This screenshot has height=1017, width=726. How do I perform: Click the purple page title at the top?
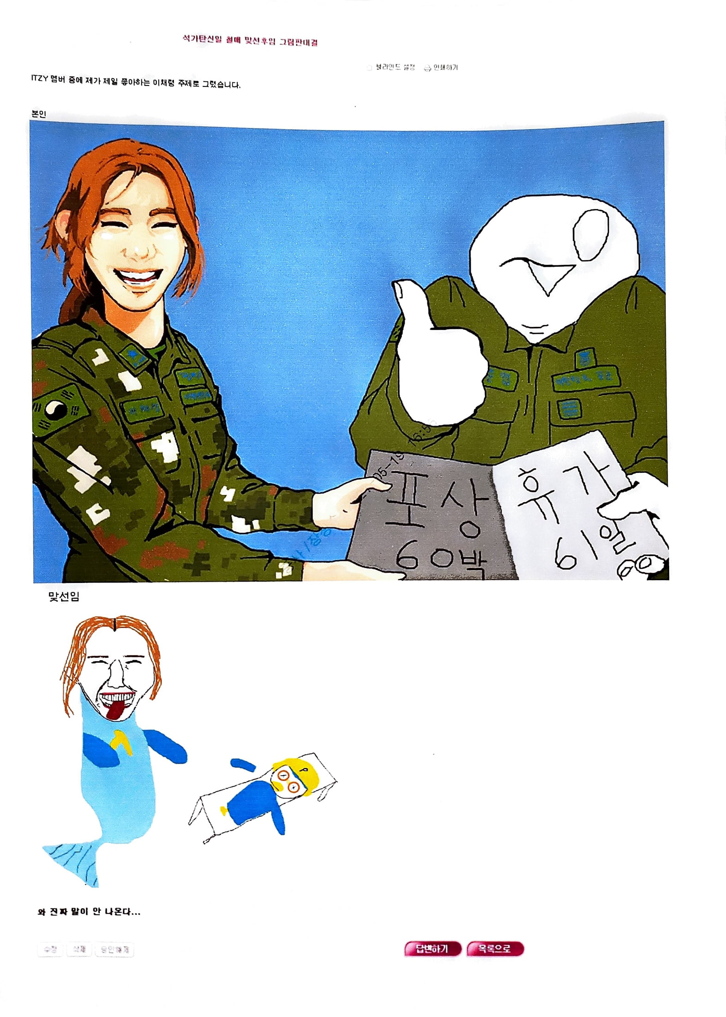[250, 42]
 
